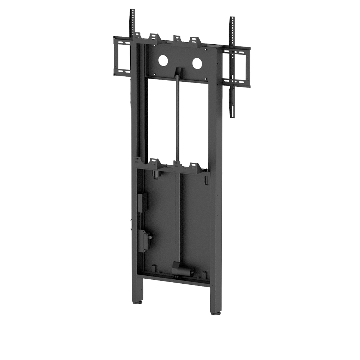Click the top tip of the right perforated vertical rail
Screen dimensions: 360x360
pyautogui.click(x=232, y=17)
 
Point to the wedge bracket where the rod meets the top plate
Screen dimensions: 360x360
pyautogui.click(x=177, y=72)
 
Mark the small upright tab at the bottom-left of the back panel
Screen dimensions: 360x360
pyautogui.click(x=154, y=268)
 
